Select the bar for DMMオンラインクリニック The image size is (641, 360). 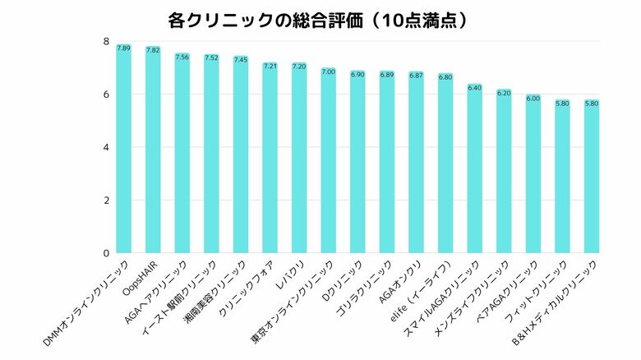pyautogui.click(x=124, y=148)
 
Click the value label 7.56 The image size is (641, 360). pyautogui.click(x=182, y=58)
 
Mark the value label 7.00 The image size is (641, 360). pyautogui.click(x=329, y=72)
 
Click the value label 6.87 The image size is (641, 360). pyautogui.click(x=416, y=76)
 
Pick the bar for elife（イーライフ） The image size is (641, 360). pyautogui.click(x=445, y=164)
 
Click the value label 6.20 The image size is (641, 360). pyautogui.click(x=504, y=93)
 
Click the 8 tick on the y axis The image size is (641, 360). pyautogui.click(x=106, y=42)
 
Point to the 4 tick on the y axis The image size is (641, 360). pyautogui.click(x=106, y=148)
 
